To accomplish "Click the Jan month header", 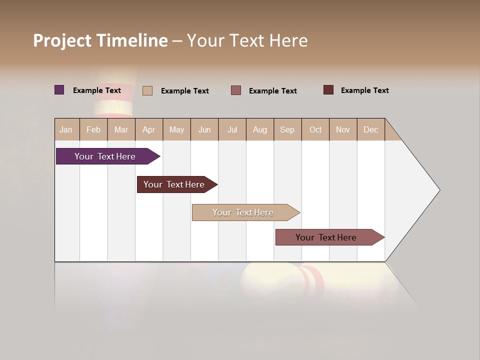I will click(66, 129).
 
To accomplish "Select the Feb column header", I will click(93, 129).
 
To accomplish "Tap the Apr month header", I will click(148, 129).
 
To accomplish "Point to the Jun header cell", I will click(204, 129).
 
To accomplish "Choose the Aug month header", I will click(259, 129).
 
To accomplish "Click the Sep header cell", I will click(287, 129).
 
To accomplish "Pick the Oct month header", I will click(315, 129).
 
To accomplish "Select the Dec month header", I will click(370, 129).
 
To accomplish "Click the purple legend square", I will click(59, 90).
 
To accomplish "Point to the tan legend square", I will click(147, 90).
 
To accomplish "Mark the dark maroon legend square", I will click(328, 90).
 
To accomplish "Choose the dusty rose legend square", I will click(236, 90).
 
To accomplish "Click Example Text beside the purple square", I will click(97, 90).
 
